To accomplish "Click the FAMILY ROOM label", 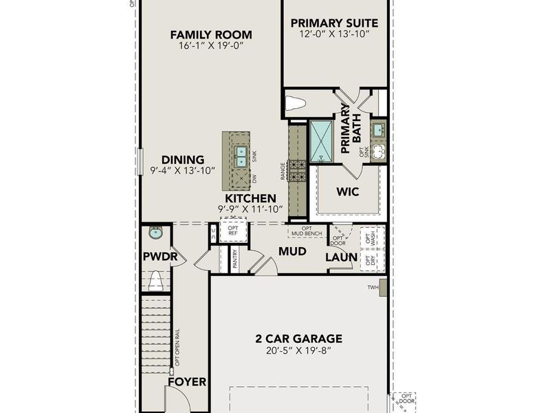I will pos(211,34).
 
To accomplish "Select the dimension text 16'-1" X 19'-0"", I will pos(211,46).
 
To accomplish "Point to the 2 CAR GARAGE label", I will pos(298,338).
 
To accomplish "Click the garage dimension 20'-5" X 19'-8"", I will pos(298,350).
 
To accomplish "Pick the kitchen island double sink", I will pos(241,156).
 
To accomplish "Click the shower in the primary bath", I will pos(321,141).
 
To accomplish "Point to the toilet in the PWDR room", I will pos(156,279).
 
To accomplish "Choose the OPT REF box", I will pos(233,230).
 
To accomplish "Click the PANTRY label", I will pos(235,260).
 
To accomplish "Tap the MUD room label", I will pos(292,251).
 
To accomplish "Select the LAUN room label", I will pos(342,257).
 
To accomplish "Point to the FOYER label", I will pos(186,381).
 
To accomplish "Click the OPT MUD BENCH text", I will pos(307,231).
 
